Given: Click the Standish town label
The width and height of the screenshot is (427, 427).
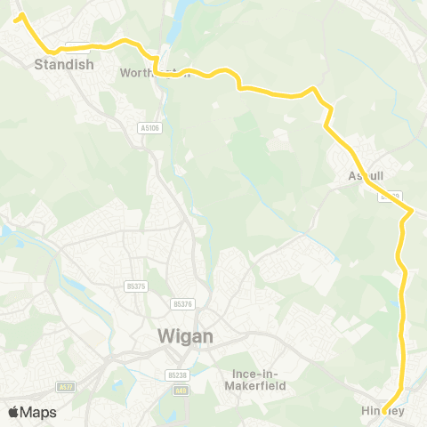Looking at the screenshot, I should click(x=64, y=64).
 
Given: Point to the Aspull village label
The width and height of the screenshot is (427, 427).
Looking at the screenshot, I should click(x=367, y=177).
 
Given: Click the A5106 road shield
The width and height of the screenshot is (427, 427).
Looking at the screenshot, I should click(x=150, y=128).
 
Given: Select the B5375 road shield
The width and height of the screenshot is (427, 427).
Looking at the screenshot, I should click(x=135, y=286).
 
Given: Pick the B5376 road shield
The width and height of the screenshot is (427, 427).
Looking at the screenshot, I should click(x=183, y=303).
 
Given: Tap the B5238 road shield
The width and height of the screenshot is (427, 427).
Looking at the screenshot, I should click(x=175, y=375).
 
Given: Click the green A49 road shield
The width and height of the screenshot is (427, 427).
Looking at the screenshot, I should click(x=181, y=391).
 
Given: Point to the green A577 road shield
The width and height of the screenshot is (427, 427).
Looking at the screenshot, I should click(x=65, y=387).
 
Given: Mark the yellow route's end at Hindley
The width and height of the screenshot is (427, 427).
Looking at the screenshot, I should click(x=384, y=411).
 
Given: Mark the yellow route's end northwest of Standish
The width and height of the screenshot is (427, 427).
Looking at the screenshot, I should click(x=17, y=16).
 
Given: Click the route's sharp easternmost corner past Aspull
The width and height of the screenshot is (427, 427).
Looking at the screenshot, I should click(x=412, y=210).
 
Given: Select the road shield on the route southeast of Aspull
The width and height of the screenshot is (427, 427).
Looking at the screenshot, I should click(x=392, y=195).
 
